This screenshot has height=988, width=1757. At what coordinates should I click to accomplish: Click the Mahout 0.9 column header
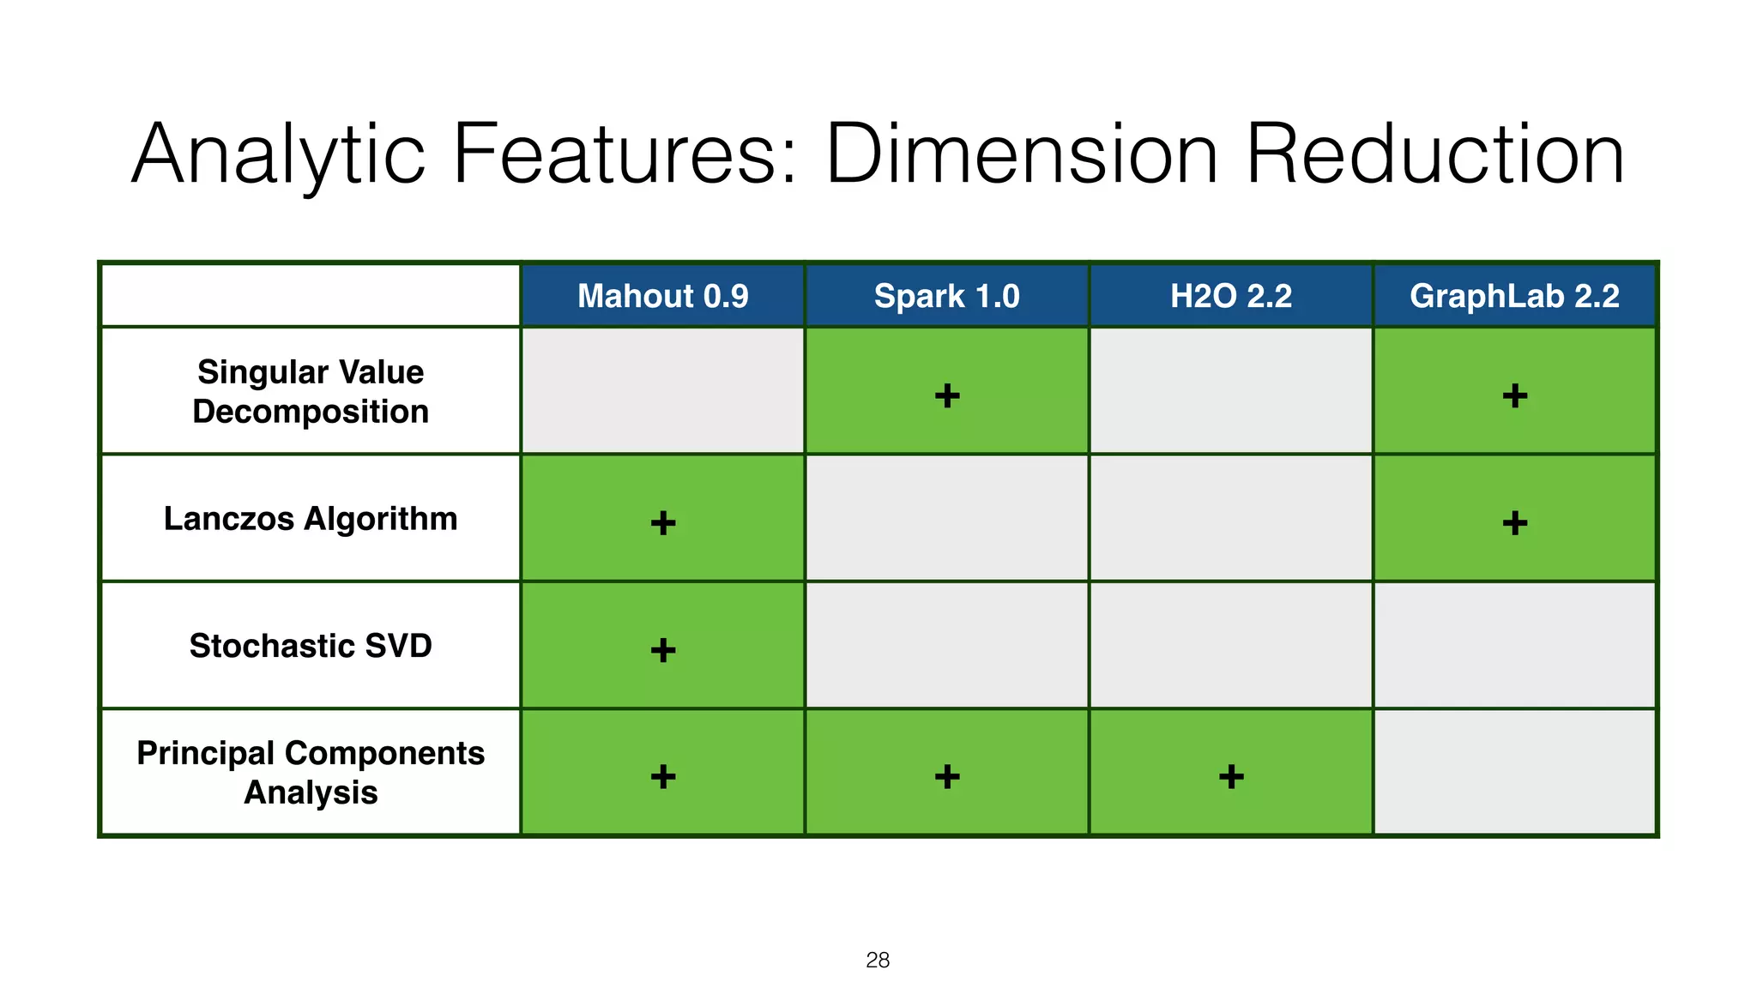[662, 296]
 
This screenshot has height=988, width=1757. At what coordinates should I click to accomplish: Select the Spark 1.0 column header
[946, 296]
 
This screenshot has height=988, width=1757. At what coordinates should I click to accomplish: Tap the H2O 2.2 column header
[1230, 296]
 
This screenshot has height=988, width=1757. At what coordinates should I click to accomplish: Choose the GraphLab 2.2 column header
[1514, 296]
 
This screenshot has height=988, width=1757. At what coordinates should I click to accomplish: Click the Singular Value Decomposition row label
[311, 391]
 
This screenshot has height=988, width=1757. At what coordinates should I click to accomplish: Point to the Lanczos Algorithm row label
[311, 519]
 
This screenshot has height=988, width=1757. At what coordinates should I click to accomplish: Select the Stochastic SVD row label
[311, 646]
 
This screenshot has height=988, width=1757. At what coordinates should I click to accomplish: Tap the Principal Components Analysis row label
[311, 773]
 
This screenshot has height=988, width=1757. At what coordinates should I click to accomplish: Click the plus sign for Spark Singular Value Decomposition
[947, 395]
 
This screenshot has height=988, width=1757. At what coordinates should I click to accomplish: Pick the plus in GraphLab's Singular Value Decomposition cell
[1515, 395]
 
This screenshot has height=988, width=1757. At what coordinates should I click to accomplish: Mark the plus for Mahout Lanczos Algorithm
[663, 522]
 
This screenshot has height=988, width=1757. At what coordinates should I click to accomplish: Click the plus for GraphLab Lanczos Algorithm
[1515, 522]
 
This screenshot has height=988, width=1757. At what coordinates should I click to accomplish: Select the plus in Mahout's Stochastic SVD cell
[663, 649]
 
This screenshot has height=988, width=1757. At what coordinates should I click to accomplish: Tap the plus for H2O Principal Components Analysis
[1231, 776]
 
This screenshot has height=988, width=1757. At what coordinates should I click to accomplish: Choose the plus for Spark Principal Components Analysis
[947, 776]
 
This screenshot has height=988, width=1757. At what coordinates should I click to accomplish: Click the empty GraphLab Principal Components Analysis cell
[1514, 772]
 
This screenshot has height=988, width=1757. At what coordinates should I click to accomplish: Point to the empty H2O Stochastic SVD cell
[1230, 645]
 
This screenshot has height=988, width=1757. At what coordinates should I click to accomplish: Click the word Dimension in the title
[1021, 154]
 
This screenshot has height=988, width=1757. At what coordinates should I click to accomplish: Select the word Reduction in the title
[1434, 154]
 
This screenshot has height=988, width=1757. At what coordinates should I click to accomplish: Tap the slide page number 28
[878, 960]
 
